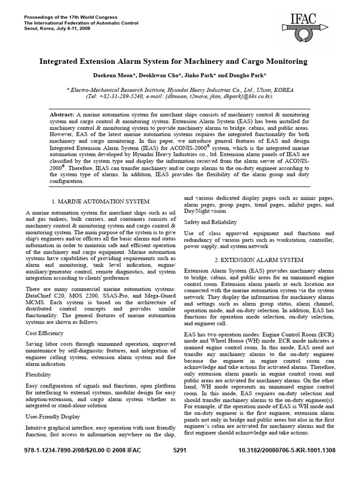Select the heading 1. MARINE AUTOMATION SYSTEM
100,201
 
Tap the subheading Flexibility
38,375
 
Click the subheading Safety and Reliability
210,222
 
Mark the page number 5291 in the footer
180,462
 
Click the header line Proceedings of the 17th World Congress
70,17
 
